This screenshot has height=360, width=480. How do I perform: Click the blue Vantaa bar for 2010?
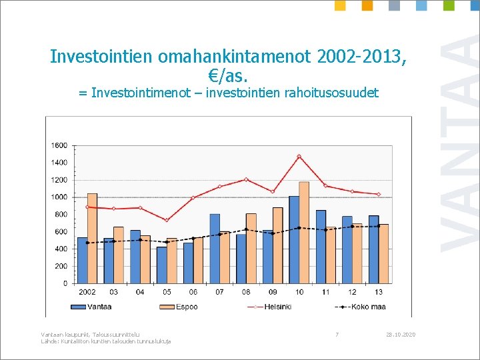pyautogui.click(x=294, y=240)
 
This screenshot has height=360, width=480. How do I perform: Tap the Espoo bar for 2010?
pyautogui.click(x=304, y=233)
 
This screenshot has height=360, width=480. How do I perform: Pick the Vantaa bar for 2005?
pyautogui.click(x=161, y=265)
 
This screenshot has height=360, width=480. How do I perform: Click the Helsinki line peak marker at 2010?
pyautogui.click(x=299, y=156)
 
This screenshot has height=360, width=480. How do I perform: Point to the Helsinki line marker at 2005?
pyautogui.click(x=167, y=220)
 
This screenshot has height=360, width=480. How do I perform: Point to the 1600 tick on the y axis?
pyautogui.click(x=59, y=145)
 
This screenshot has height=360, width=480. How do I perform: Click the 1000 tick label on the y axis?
pyautogui.click(x=59, y=197)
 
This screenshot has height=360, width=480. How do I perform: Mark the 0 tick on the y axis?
pyautogui.click(x=65, y=283)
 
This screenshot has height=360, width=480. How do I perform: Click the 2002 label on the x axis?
pyautogui.click(x=87, y=293)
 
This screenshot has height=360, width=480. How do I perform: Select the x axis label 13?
pyautogui.click(x=379, y=293)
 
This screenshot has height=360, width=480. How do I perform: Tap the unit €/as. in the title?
pyautogui.click(x=228, y=75)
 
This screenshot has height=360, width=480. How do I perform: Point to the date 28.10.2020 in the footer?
pyautogui.click(x=400, y=333)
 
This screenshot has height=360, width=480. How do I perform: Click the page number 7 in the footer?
pyautogui.click(x=337, y=333)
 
